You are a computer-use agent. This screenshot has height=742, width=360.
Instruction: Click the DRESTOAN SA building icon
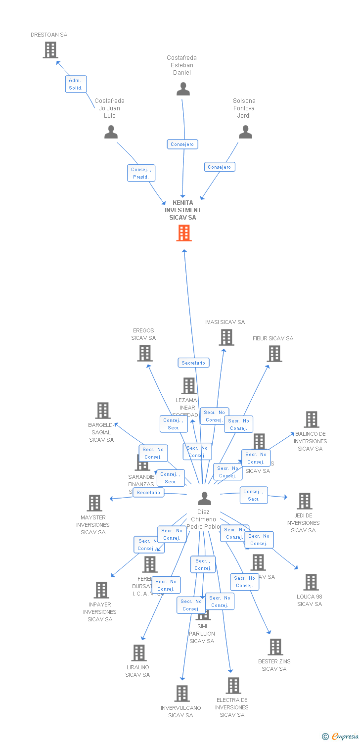pos(50,50)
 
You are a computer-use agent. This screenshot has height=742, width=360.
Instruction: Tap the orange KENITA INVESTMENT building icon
pos(184,233)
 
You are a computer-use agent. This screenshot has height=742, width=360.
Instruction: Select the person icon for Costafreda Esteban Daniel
pos(183,89)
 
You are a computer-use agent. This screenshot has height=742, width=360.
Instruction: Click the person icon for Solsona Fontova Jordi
pos(245,132)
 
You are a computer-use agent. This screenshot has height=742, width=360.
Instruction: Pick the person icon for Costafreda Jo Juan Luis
pos(111,132)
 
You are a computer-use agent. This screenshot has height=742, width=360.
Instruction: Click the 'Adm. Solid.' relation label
pos(76,84)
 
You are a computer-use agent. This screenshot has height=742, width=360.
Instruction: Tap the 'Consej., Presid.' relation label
pos(141,173)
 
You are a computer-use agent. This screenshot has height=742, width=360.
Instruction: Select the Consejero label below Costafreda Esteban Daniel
pos(182,144)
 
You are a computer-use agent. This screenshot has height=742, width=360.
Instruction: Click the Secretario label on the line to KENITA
pos(193,363)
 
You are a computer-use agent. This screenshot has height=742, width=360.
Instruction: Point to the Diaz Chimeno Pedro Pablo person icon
pos(204,498)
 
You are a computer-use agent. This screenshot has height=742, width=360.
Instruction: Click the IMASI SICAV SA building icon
pos(226,337)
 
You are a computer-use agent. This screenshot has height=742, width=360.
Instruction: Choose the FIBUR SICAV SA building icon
pos(274,354)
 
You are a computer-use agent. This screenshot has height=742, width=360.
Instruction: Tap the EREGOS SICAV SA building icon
pos(144,353)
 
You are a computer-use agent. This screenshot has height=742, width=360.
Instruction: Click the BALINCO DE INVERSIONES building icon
pos(311,419)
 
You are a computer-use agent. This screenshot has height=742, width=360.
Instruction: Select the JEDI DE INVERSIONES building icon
pos(304,501)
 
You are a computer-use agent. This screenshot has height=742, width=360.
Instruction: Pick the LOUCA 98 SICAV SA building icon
pos(311,582)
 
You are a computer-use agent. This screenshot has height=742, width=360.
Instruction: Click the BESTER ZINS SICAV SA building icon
pos(275,647)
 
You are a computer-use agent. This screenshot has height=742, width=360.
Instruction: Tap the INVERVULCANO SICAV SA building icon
pos(181,694)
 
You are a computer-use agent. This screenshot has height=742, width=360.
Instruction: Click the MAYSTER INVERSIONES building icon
pos(94,503)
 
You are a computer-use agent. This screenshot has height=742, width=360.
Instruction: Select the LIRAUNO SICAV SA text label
pos(137,671)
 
